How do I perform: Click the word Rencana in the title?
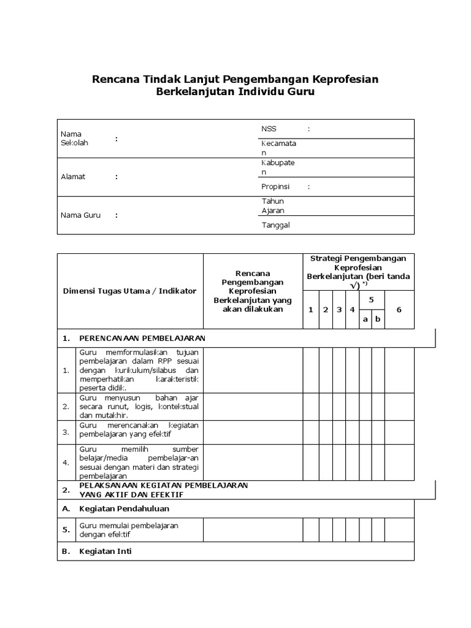[115, 80]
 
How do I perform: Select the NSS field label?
[269, 129]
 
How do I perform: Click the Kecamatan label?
[278, 148]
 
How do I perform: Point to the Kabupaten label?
[278, 167]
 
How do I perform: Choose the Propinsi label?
[275, 186]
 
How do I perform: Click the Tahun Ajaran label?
[273, 205]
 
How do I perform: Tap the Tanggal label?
[275, 224]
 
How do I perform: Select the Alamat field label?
[73, 177]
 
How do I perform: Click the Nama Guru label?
[80, 215]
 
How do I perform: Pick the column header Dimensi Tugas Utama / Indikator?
[130, 291]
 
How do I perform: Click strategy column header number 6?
[399, 310]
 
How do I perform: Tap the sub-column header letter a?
[366, 319]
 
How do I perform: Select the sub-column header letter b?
[378, 319]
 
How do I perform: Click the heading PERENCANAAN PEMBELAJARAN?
[142, 338]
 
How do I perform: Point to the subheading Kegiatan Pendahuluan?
[124, 508]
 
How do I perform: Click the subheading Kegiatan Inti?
[105, 551]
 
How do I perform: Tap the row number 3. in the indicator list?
[66, 432]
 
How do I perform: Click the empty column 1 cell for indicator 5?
[310, 530]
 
